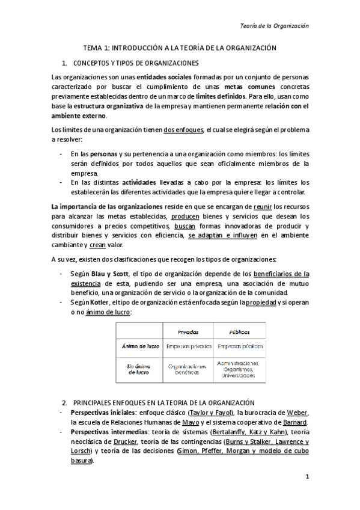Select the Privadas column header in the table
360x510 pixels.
(189, 331)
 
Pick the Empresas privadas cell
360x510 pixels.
(189, 346)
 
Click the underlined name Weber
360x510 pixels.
(297, 413)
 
